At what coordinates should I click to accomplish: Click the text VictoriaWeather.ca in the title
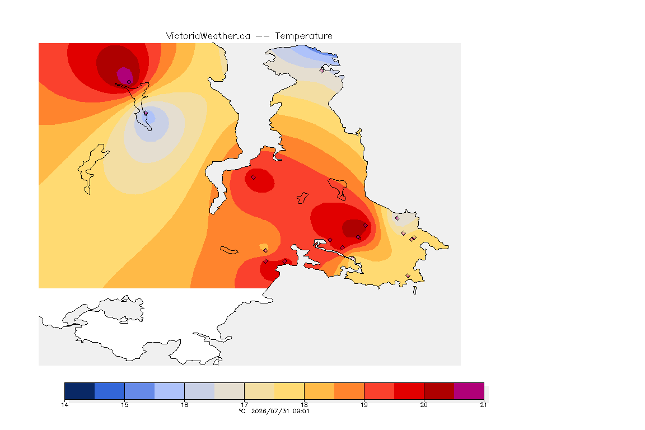tap(208, 36)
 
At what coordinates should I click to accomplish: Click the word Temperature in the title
tap(303, 36)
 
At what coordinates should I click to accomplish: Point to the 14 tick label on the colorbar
tap(64, 405)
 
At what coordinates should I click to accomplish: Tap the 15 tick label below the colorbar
tap(125, 405)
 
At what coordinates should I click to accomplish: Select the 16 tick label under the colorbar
tap(184, 405)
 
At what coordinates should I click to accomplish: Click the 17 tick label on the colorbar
tap(244, 405)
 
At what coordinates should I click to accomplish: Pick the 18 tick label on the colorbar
tap(304, 405)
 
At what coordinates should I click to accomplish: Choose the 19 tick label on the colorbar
tap(364, 405)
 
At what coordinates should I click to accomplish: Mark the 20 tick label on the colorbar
tap(424, 405)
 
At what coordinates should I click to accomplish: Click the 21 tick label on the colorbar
tap(483, 405)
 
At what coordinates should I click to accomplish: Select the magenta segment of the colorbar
tap(469, 391)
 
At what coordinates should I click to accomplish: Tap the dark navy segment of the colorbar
tap(80, 391)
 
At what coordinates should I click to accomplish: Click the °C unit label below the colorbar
tap(242, 411)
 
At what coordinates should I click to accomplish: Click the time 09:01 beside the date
tap(301, 411)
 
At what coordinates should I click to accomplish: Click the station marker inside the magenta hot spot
tap(129, 82)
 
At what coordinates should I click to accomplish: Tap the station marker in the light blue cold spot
tap(146, 113)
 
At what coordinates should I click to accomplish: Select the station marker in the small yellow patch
tap(266, 251)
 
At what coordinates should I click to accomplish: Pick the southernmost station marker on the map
tap(408, 275)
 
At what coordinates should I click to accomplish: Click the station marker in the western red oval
tap(254, 177)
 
